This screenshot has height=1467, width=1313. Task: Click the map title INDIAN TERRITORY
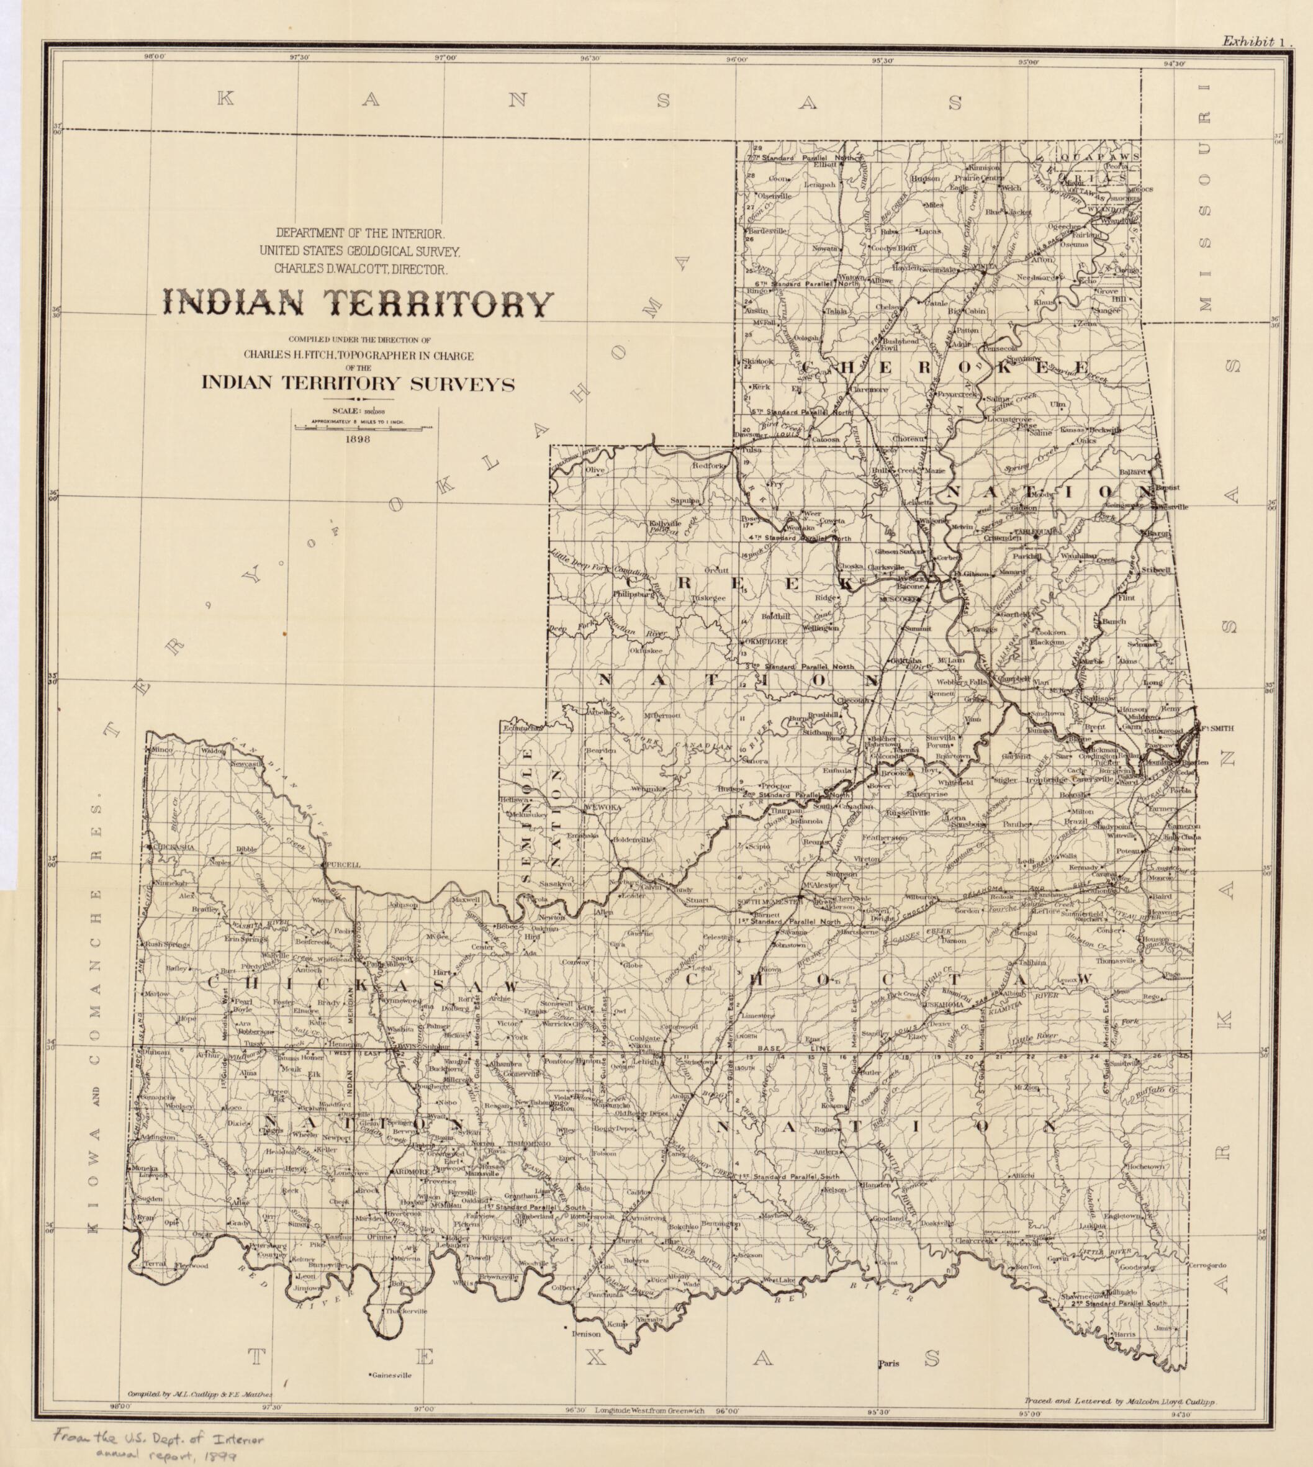[358, 303]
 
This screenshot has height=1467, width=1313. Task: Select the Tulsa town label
[752, 449]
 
